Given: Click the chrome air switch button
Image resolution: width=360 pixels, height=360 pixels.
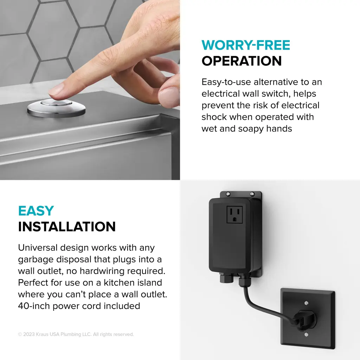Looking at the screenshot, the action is click(x=56, y=108).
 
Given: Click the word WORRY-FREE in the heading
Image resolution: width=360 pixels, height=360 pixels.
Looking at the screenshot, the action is click(x=246, y=45).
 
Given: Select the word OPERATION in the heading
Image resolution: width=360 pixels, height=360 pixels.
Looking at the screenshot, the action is click(x=242, y=61).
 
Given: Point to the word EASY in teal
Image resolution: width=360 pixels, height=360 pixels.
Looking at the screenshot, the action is click(x=36, y=211).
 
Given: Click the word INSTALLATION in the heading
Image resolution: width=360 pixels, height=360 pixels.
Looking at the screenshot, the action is click(x=67, y=227).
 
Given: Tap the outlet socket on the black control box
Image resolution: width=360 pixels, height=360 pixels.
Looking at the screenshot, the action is click(x=234, y=215).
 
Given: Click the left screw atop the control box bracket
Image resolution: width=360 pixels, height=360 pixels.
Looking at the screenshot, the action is click(x=228, y=194).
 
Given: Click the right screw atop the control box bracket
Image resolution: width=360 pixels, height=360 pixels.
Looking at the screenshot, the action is click(x=252, y=194).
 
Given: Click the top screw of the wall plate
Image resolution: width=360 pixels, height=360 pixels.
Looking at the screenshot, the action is click(x=306, y=303).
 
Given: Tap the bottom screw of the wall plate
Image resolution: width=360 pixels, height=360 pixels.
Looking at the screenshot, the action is click(x=306, y=335).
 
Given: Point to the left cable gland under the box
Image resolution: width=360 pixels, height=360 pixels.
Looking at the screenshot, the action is click(x=227, y=278).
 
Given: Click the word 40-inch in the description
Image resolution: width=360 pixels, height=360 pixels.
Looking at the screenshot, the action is click(x=34, y=306).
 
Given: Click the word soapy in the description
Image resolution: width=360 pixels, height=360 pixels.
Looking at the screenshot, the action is click(x=251, y=129).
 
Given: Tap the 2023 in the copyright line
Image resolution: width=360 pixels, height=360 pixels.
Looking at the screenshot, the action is click(x=29, y=334).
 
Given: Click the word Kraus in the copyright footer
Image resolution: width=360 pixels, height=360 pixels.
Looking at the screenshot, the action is click(x=42, y=334).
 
